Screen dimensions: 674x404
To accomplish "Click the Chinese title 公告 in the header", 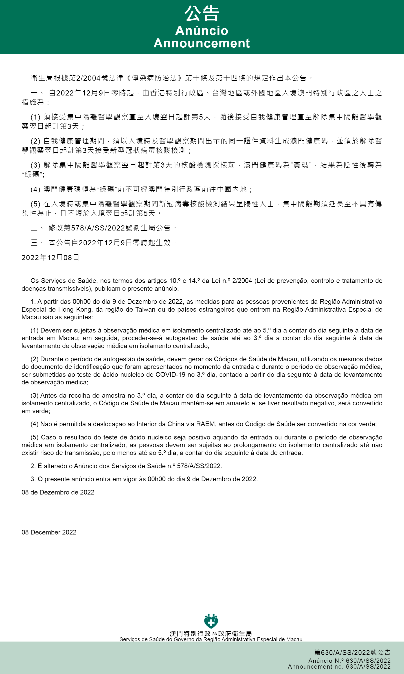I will pos(202,14).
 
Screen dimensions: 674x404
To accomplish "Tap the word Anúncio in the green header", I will pos(202,31).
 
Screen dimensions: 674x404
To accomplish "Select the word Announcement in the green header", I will pos(202,43).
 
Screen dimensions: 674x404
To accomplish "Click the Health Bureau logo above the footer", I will pos(211,621).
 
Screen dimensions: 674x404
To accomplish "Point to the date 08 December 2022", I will pos(49,532).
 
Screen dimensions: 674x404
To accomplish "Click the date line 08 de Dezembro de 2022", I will pos(58,492).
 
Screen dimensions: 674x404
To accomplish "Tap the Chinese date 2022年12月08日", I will pos(50,257).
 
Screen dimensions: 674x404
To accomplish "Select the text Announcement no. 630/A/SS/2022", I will pos(339,666).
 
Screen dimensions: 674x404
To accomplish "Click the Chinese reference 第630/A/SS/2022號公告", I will pos(352,652).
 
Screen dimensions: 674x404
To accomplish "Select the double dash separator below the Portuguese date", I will pos(33,512).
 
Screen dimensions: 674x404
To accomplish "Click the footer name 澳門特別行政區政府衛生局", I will pos(211,633).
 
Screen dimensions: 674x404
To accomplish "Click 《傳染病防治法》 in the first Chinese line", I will pos(154,78).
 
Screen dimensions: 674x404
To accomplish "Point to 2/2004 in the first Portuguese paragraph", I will pos(242,281).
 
